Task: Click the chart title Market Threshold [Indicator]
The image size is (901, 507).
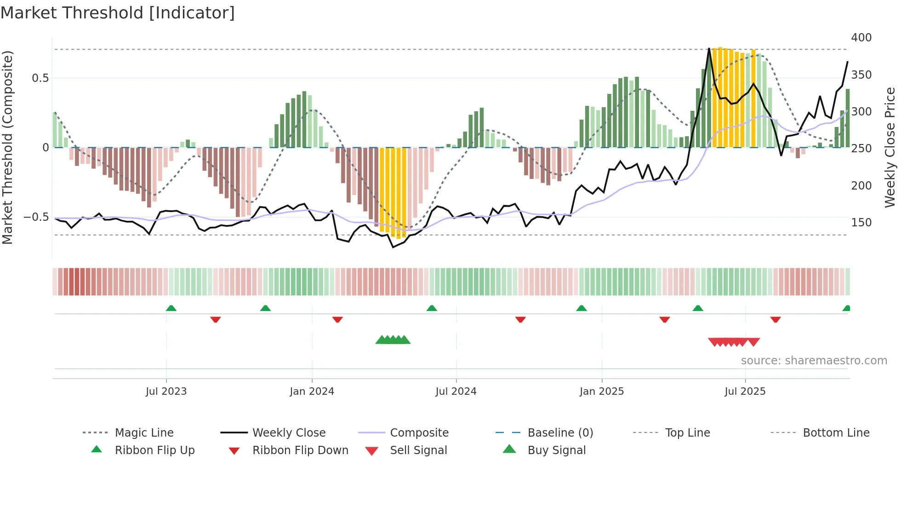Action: click(x=118, y=13)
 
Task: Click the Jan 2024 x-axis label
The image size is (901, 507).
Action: click(x=312, y=392)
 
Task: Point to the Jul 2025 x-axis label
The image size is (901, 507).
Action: click(x=745, y=392)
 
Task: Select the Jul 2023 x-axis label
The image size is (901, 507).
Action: click(x=166, y=392)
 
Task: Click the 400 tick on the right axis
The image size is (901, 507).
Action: click(x=861, y=38)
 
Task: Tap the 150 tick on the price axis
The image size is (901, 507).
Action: click(x=861, y=223)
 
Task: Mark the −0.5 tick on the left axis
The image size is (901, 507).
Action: click(x=36, y=217)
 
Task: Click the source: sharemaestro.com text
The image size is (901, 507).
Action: click(x=814, y=361)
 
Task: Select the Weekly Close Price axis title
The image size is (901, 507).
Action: click(x=890, y=147)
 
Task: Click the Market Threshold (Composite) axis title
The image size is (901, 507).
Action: click(x=8, y=147)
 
